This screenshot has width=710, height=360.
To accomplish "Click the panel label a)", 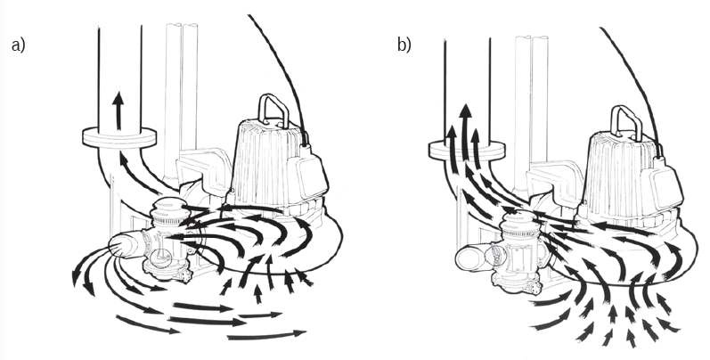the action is tap(18, 45).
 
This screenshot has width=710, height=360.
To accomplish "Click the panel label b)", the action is tap(404, 45).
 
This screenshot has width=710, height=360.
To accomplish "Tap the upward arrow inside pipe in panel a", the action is tap(118, 110).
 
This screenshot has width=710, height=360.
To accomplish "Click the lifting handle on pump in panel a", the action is tap(273, 110).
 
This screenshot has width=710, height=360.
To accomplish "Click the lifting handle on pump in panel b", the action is tap(626, 121).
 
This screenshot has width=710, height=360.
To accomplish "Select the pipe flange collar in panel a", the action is tap(119, 137).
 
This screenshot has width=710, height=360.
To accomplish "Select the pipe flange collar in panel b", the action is tap(467, 151).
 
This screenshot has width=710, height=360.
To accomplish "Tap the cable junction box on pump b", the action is tap(667, 184).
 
